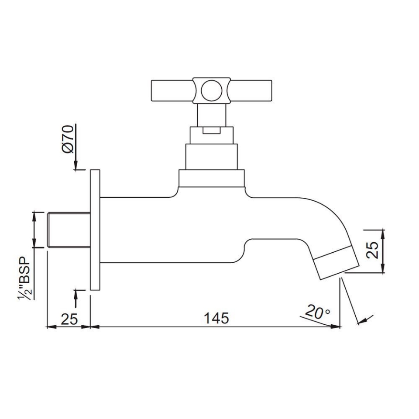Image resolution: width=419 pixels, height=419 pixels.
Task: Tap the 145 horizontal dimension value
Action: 216,318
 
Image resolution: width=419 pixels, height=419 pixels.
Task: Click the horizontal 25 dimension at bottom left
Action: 69,319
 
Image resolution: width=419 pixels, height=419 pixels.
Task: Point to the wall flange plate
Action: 95,230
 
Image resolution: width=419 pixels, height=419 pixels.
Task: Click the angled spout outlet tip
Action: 336,262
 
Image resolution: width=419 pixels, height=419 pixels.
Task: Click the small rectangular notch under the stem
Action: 212,130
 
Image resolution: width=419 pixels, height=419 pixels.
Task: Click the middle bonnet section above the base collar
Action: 212,156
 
